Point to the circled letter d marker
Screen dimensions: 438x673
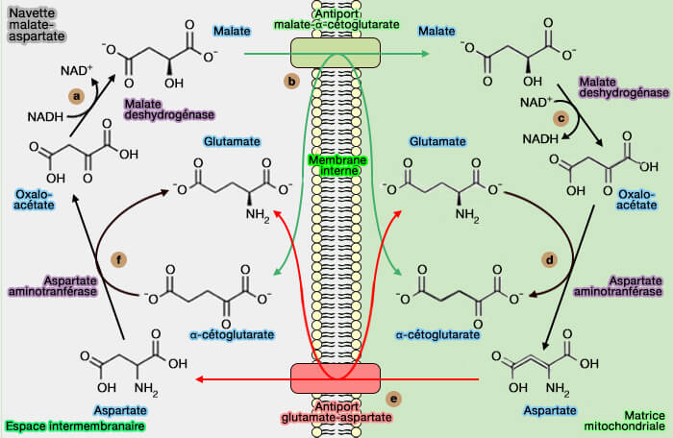[550, 259]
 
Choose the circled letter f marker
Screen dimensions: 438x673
[118, 259]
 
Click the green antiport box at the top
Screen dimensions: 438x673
[336, 53]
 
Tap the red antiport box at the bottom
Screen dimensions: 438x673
[336, 377]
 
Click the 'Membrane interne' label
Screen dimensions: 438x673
[336, 165]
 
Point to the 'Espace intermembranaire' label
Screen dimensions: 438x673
[75, 425]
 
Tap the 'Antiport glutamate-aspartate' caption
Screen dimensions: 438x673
[335, 411]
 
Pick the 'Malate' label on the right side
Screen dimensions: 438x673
[436, 32]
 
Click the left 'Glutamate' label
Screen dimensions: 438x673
[232, 141]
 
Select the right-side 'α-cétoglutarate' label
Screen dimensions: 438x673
[437, 335]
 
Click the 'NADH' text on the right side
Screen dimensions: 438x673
[539, 138]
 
